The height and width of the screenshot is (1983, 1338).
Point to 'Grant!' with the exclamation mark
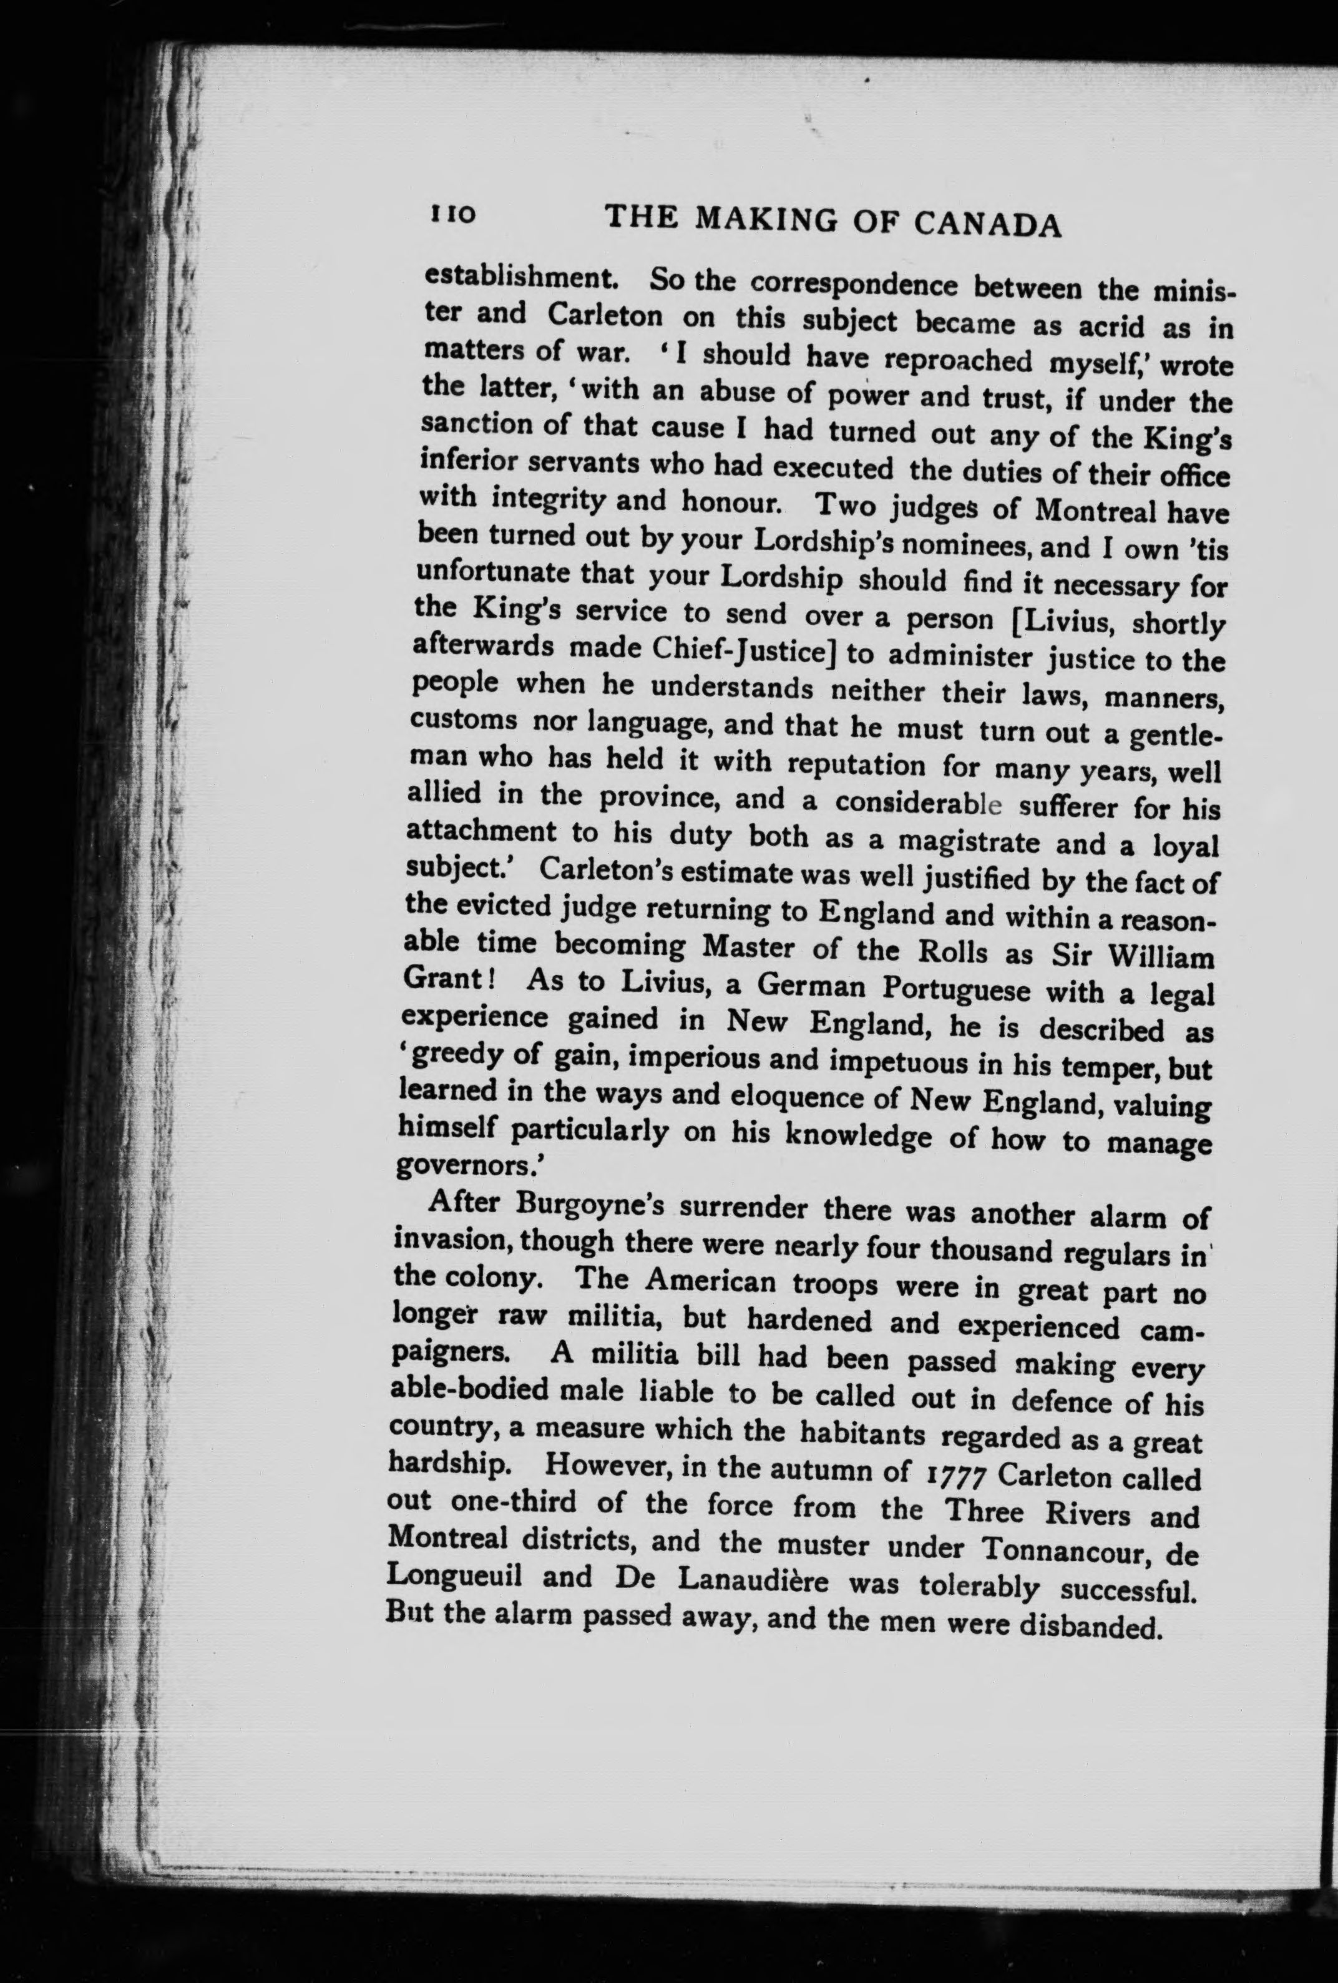449,978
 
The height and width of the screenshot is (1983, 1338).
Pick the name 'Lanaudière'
753,1580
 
